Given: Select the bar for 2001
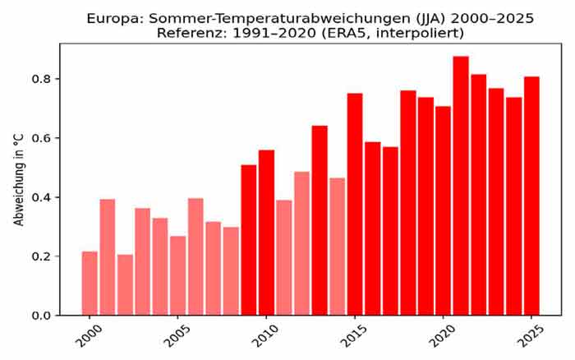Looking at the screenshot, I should click(108, 257).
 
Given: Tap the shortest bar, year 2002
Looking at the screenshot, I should click(125, 285).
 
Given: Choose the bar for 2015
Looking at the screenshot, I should click(355, 205).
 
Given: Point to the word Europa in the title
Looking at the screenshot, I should click(137, 16).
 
